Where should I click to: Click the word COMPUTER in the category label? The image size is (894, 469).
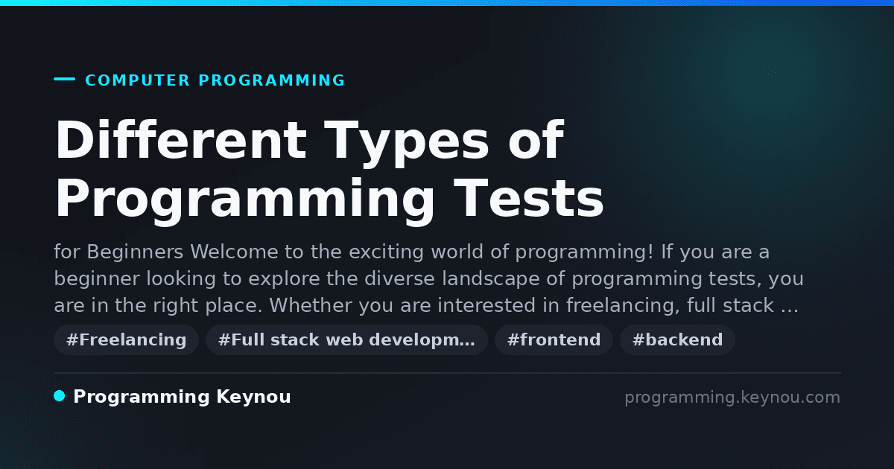click(x=137, y=80)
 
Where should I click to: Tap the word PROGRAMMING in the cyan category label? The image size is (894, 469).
click(x=271, y=80)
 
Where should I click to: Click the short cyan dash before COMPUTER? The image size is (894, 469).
click(x=64, y=79)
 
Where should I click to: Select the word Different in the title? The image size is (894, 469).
click(x=181, y=140)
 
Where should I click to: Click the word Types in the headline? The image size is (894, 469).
click(x=406, y=144)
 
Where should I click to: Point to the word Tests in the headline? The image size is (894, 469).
click(x=528, y=198)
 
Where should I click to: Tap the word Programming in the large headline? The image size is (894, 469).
click(x=244, y=202)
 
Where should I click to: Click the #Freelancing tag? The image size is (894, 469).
click(x=126, y=339)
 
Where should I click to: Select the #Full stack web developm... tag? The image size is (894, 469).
click(x=346, y=339)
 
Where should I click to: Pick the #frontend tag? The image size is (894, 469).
click(x=554, y=339)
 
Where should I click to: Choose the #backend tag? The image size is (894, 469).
click(x=677, y=339)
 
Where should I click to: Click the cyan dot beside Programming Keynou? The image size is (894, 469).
click(x=60, y=396)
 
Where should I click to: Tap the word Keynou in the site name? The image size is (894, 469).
click(x=253, y=398)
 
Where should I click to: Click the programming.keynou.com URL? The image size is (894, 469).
click(x=732, y=398)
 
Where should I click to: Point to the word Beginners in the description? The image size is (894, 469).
click(x=135, y=252)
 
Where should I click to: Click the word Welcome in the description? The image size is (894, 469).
click(x=234, y=252)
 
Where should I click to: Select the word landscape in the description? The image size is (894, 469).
click(x=491, y=278)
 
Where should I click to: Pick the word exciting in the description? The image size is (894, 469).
click(x=386, y=252)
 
